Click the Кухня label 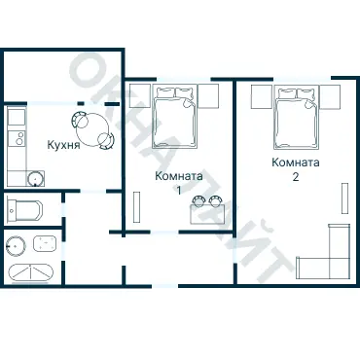coord(63,145)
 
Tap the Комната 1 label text coord(179,183)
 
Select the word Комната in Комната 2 coord(296,162)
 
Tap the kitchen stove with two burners coord(17,138)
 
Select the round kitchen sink coord(35,178)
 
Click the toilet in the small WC coord(24,209)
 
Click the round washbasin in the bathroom coord(15,246)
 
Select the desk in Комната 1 coord(207,214)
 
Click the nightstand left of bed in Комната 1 coord(140,96)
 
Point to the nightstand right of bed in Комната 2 coord(330,96)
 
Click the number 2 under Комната coord(296,177)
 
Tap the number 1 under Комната coord(179,191)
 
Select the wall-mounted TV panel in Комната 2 coord(344,198)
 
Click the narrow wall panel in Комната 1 coord(136,207)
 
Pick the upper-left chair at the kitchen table coord(80,119)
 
